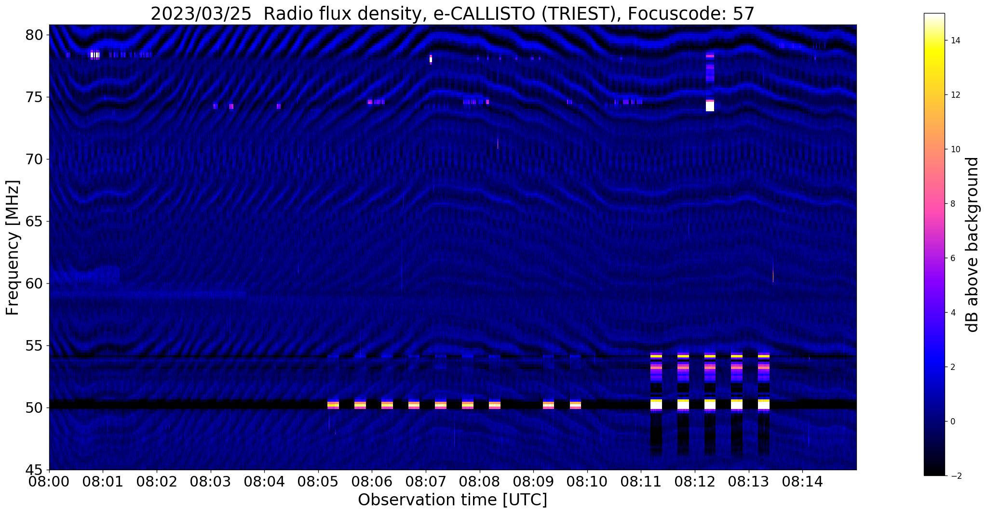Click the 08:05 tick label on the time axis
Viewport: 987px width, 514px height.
pyautogui.click(x=318, y=482)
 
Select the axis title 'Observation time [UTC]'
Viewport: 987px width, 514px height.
pyautogui.click(x=452, y=500)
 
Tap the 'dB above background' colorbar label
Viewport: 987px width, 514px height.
pyautogui.click(x=973, y=245)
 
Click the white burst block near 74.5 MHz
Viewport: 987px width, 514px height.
pyautogui.click(x=710, y=106)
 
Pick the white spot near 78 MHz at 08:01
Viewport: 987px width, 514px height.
pyautogui.click(x=95, y=55)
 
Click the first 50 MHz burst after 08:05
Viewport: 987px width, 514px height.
pyautogui.click(x=333, y=405)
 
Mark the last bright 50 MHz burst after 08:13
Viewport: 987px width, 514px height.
pyautogui.click(x=764, y=404)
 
